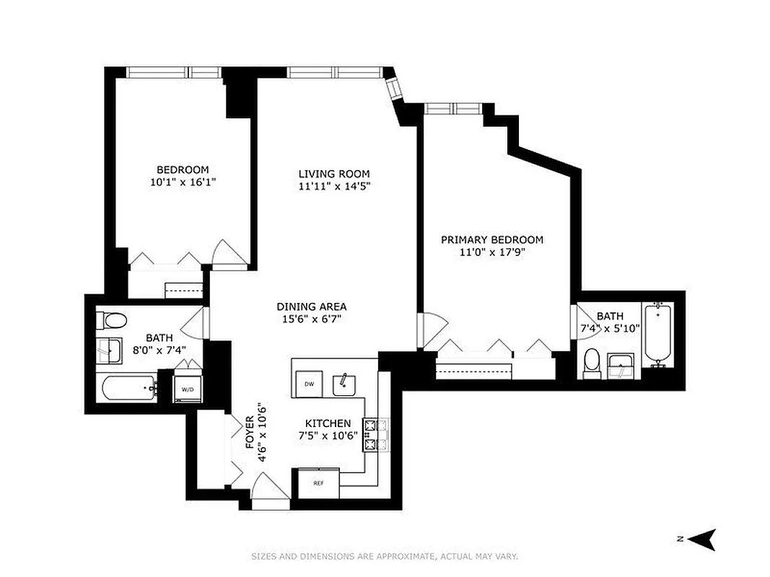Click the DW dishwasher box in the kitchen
coord(309,384)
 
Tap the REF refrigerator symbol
coord(318,483)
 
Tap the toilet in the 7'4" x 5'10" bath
coord(592,363)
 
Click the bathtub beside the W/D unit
coord(129,389)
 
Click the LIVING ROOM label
coord(334,174)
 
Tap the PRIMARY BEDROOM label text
coord(492,239)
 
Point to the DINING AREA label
coord(312,307)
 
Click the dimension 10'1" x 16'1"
coord(183,183)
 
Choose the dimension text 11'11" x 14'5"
coord(334,186)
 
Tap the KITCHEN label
coord(328,423)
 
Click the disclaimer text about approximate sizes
coord(385,556)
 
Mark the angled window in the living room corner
coord(395,90)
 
